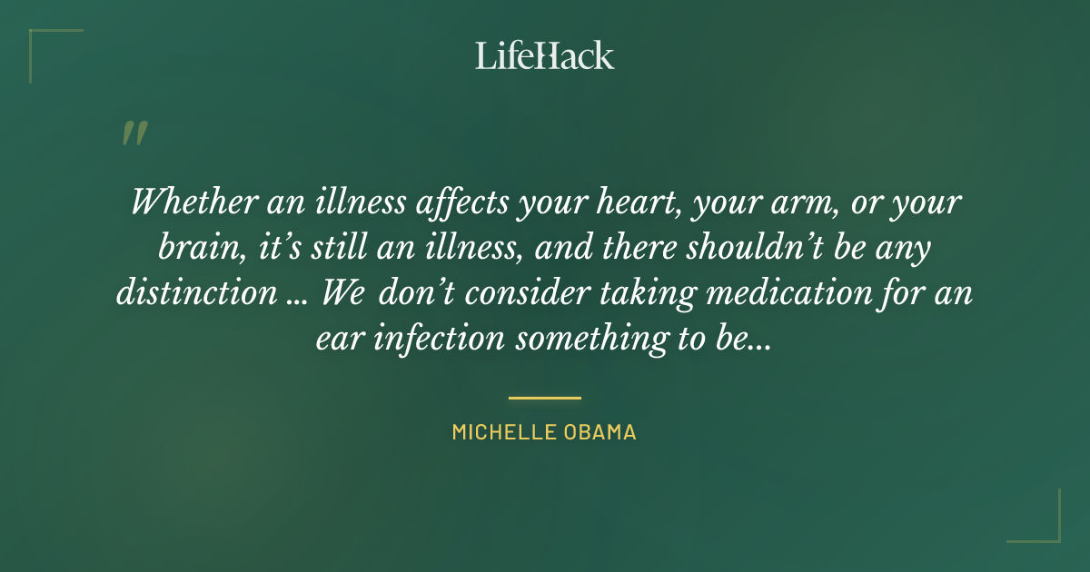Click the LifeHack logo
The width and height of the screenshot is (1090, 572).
544,55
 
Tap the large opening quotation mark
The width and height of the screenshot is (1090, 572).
134,134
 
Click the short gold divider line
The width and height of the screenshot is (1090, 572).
544,398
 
